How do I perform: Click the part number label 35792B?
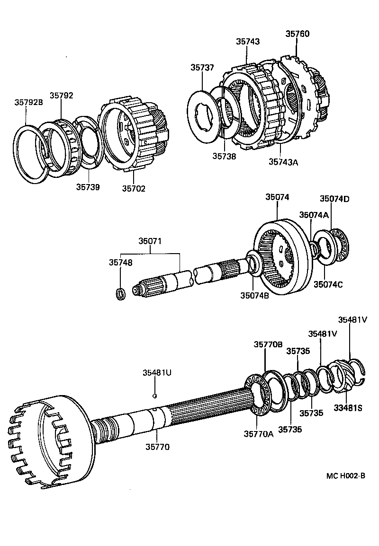[x=28, y=102]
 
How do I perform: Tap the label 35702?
[x=134, y=188]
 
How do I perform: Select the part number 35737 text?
[x=203, y=68]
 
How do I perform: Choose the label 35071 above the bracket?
[x=150, y=241]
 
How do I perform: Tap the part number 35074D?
[x=334, y=199]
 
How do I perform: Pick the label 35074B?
[x=254, y=295]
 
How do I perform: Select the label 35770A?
[x=259, y=434]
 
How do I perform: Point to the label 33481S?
[x=349, y=408]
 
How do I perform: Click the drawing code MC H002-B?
[x=345, y=476]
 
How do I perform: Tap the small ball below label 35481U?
[x=155, y=396]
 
